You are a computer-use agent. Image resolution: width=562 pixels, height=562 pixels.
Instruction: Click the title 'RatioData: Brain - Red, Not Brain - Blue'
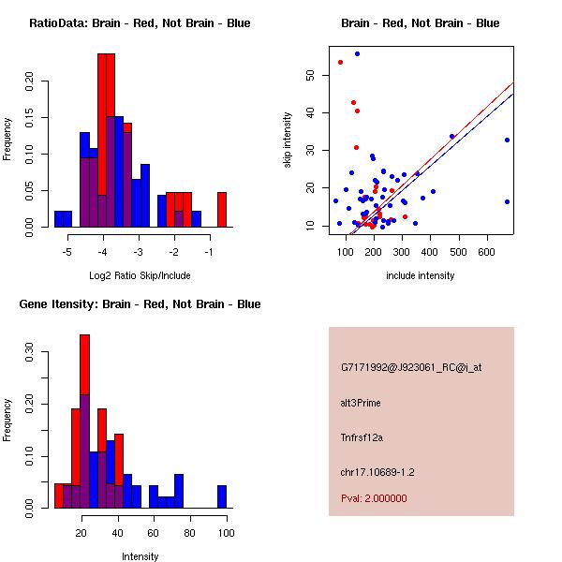tap(140, 23)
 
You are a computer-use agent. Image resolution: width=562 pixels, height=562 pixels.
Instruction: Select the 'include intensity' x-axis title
tap(421, 275)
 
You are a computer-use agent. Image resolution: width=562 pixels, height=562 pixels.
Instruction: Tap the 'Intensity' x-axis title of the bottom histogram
tap(140, 556)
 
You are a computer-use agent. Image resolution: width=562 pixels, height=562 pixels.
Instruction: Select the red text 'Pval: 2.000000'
tap(374, 498)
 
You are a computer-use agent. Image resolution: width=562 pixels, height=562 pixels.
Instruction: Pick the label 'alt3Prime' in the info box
tap(361, 403)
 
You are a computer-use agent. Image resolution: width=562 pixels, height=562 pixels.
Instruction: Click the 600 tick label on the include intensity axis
tap(487, 253)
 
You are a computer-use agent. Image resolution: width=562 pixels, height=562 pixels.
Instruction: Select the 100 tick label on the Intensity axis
tap(226, 534)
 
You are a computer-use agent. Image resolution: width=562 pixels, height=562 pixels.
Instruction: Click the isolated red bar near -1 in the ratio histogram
tap(222, 209)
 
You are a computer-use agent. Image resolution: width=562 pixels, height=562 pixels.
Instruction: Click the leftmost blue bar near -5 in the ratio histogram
tap(63, 219)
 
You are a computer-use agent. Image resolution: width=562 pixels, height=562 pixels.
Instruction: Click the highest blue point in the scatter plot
tap(357, 53)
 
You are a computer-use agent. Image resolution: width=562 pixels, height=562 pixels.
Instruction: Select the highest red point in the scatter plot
tap(340, 62)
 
